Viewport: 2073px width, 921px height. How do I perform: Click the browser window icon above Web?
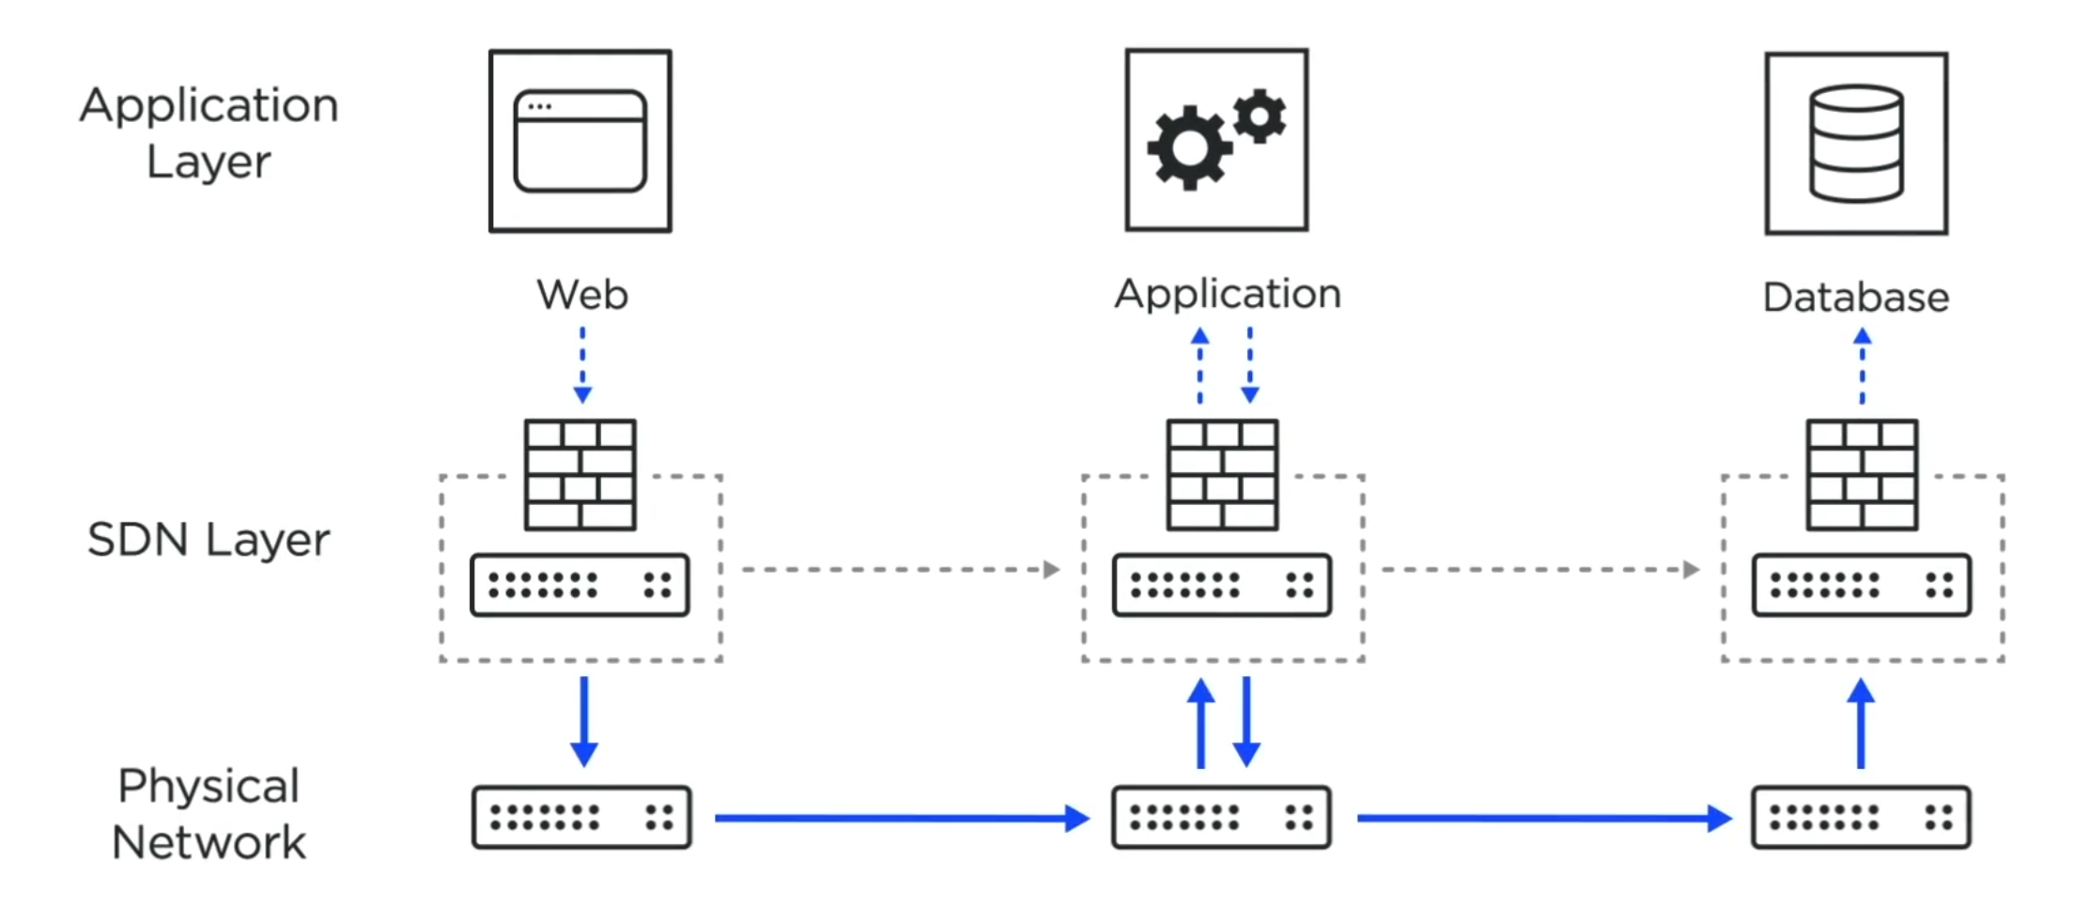(x=580, y=141)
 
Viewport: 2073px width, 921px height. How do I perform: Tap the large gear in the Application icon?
(x=1188, y=148)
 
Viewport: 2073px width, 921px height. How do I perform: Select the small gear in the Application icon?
(x=1260, y=116)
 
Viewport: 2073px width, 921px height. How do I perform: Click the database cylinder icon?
(x=1856, y=144)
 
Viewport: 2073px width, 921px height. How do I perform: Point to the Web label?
(x=581, y=295)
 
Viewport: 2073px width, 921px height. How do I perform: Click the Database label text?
(x=1856, y=298)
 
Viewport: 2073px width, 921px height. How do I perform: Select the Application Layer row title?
(x=209, y=132)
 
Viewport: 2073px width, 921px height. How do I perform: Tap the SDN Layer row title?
(x=209, y=540)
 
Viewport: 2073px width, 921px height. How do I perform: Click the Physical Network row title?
(x=209, y=814)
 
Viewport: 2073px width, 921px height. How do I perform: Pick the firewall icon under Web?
(x=580, y=475)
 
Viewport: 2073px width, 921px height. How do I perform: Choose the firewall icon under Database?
(x=1862, y=475)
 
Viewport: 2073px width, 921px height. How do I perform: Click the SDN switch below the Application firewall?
(x=1221, y=585)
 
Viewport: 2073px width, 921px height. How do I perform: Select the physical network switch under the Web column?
(x=581, y=817)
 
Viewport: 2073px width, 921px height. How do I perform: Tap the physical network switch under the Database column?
(x=1861, y=817)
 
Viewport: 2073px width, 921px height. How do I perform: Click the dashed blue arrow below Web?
(x=582, y=365)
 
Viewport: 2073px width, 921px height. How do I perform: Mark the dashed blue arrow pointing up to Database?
(x=1862, y=365)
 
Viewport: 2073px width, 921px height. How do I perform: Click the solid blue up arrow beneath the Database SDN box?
(x=1861, y=724)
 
